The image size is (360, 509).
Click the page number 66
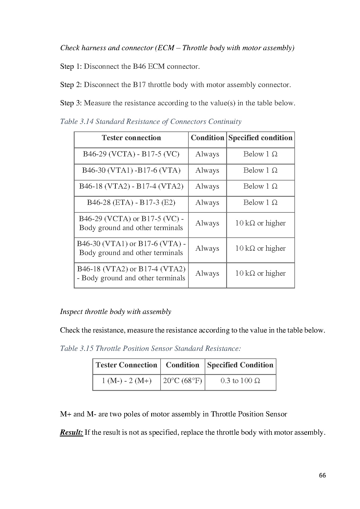(322, 475)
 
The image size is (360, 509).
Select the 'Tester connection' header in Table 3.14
(131, 138)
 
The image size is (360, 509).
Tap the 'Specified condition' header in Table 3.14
(260, 138)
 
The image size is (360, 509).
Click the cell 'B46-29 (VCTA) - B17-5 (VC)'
(131, 154)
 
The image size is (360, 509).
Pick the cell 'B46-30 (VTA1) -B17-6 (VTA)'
(131, 170)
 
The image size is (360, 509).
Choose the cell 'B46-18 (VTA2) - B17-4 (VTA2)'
(131, 186)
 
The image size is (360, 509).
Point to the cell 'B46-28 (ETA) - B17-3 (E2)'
(131, 203)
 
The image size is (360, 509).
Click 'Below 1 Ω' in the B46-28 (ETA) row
(260, 203)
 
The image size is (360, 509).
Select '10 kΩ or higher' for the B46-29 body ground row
(260, 223)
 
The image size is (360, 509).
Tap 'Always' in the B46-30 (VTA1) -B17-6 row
(207, 170)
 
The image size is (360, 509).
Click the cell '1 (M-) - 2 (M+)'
(127, 381)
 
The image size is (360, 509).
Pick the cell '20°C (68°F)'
(183, 381)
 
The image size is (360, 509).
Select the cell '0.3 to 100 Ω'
(240, 381)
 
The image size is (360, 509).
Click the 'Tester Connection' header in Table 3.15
(127, 365)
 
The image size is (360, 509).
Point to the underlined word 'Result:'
(71, 432)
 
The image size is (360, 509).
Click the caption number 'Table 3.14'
(77, 122)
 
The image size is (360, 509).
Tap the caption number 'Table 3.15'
(77, 349)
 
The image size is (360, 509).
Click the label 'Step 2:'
(71, 85)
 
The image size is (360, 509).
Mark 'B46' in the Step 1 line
(139, 67)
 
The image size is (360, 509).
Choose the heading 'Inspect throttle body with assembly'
(116, 312)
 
